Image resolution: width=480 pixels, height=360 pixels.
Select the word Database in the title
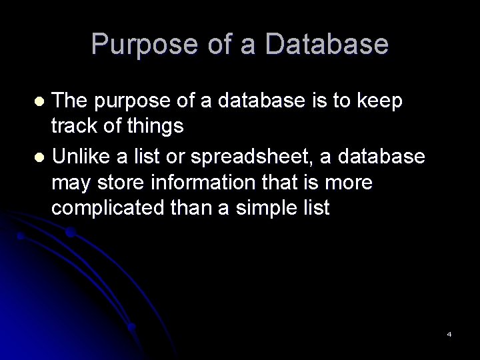point(326,44)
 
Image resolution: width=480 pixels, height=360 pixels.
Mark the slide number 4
point(449,333)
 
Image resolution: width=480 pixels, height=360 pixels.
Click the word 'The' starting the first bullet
point(72,101)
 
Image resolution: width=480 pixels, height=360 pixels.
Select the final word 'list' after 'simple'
point(316,207)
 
